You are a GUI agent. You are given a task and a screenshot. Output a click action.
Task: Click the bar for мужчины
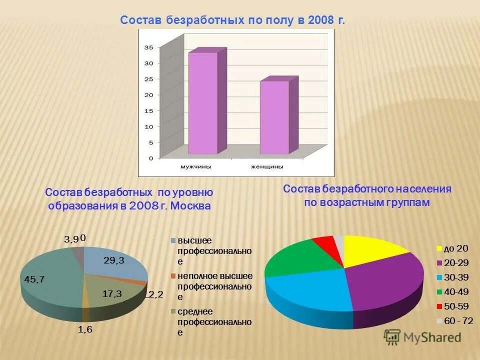point(202,103)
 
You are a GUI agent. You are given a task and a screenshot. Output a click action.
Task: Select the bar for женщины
point(274,117)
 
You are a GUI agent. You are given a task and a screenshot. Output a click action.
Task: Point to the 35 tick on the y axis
point(148,47)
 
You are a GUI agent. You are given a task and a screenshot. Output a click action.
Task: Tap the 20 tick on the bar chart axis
point(148,95)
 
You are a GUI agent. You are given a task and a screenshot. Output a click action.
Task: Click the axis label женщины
point(266,166)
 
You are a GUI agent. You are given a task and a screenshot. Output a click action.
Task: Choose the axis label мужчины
point(195,166)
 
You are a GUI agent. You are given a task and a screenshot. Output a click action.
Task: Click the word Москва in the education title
point(191,206)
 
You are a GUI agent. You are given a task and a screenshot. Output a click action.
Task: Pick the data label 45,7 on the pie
point(34,279)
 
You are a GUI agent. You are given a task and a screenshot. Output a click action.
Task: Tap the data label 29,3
point(114,260)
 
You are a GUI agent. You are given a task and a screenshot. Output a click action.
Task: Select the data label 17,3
point(112,294)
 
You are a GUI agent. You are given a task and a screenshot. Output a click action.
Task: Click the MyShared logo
point(422,337)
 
